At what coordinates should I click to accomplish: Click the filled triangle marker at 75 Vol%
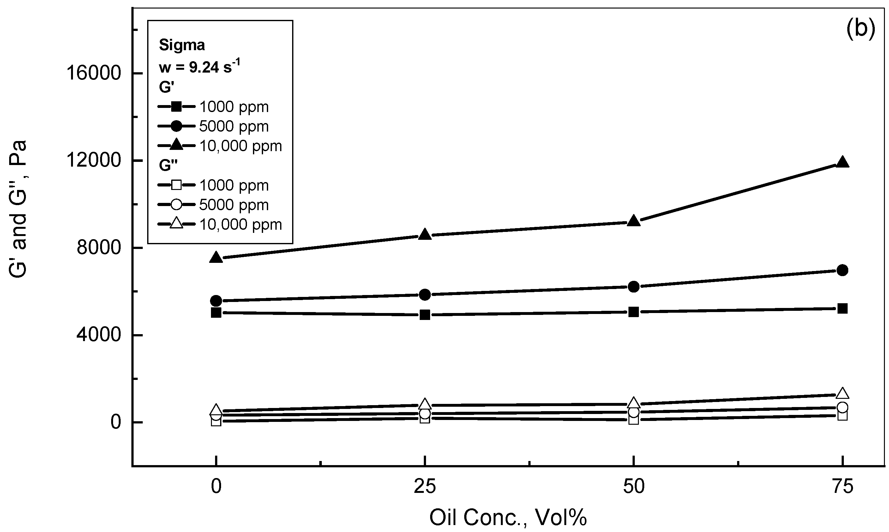tap(842, 163)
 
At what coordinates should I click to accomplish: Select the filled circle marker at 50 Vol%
tap(634, 287)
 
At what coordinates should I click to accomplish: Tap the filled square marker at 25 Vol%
tap(425, 315)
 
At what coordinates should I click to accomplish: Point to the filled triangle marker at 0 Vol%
tap(216, 257)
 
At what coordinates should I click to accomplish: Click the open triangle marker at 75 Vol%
tap(842, 393)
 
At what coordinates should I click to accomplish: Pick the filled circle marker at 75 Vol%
tap(842, 270)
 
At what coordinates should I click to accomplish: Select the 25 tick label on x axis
tap(425, 487)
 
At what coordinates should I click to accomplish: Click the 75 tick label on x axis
tap(842, 487)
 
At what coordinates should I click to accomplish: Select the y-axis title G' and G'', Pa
tap(18, 209)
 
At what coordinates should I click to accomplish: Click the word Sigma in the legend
tap(182, 45)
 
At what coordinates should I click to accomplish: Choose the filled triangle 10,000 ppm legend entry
tap(219, 145)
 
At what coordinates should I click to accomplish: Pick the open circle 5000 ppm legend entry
tap(213, 205)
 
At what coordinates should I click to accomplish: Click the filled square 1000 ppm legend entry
tap(213, 106)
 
